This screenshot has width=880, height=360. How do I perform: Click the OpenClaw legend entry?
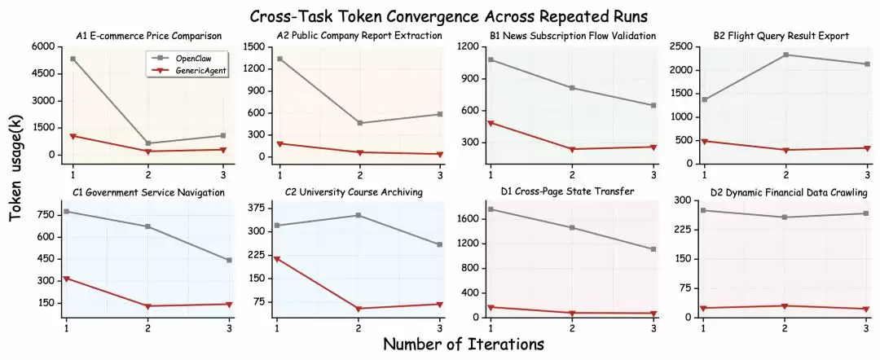pos(192,59)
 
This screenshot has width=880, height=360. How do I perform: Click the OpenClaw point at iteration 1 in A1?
pos(73,59)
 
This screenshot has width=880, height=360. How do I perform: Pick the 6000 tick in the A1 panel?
pos(44,46)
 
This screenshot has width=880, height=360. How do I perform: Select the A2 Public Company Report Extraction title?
pos(359,36)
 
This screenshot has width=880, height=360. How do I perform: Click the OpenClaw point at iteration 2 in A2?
pos(360,123)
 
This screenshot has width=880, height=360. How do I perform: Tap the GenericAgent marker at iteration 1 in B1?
pos(491,123)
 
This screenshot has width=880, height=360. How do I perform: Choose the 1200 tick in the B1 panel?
pos(468,46)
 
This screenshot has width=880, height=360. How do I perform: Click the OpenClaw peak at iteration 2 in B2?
pos(786,55)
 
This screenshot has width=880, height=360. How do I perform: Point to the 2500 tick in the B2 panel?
pos(680,46)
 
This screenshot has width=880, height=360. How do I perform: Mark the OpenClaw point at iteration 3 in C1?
pos(229,260)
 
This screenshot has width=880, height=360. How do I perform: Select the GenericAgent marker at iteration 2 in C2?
pos(360,309)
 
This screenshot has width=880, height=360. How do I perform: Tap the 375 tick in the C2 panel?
pos(257,208)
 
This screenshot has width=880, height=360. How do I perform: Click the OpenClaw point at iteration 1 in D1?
pos(491,209)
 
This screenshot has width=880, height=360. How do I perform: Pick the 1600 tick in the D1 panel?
pos(468,218)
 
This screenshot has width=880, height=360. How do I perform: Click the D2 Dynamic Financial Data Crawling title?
pos(785,192)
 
